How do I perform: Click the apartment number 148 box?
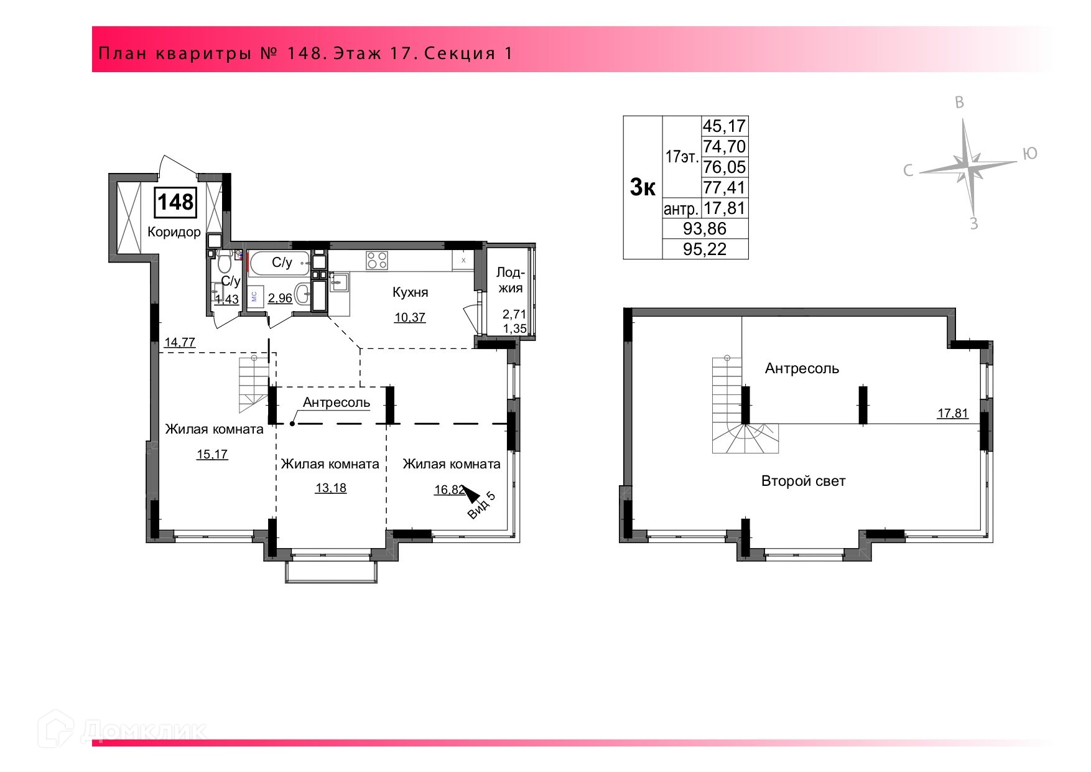coord(175,203)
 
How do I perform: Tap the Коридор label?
coord(174,232)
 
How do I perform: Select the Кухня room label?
coord(410,292)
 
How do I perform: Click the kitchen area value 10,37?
coord(410,317)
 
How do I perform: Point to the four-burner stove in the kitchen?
coord(377,260)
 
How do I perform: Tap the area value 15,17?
coord(212,454)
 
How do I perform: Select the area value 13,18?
coord(330,488)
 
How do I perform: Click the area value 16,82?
coord(449,490)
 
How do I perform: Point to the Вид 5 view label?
coord(481,505)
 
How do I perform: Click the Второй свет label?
coord(804,481)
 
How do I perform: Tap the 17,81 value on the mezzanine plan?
coord(953,413)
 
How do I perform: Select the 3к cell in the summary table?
coord(643,187)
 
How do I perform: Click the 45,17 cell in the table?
coord(724,126)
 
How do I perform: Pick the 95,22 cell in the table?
coord(705,249)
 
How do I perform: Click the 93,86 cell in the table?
coord(705,229)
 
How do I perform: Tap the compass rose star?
coord(967,166)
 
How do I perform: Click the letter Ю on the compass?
coord(1030,154)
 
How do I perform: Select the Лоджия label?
coord(510,280)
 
